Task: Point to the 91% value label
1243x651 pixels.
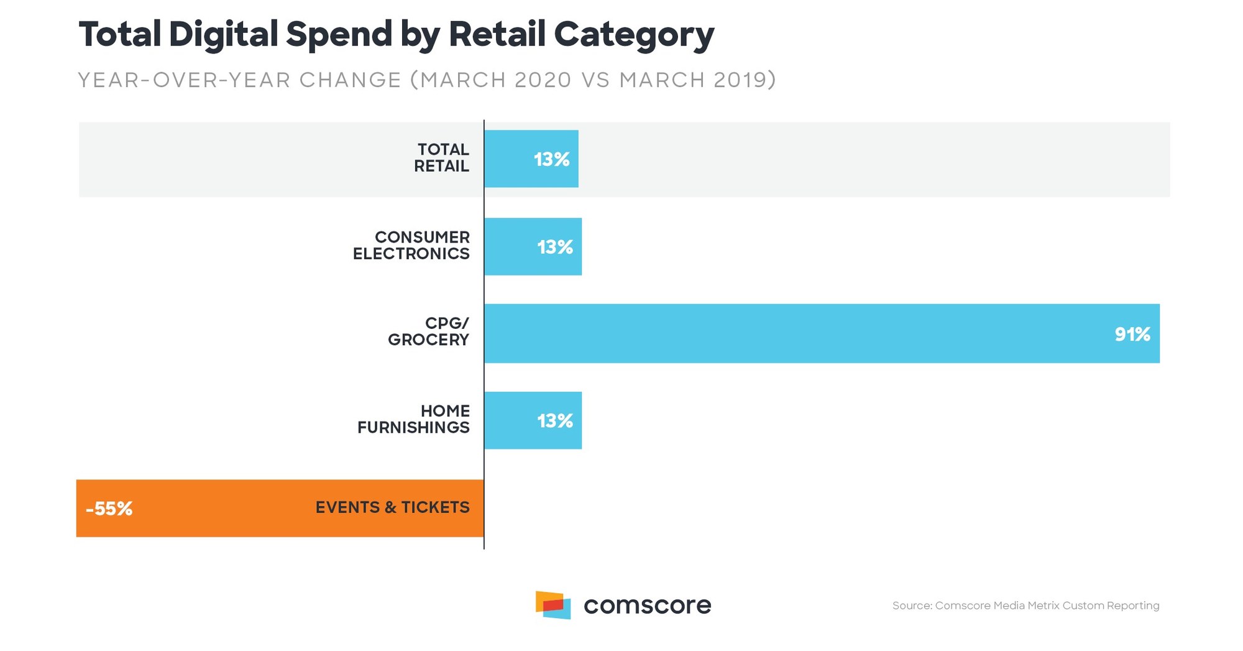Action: pyautogui.click(x=1132, y=335)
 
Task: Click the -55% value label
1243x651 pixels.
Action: pyautogui.click(x=109, y=509)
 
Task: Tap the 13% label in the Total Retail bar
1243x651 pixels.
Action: pyautogui.click(x=551, y=159)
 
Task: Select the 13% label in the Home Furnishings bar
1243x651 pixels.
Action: pyautogui.click(x=554, y=421)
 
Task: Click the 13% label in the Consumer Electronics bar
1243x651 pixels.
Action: pyautogui.click(x=554, y=247)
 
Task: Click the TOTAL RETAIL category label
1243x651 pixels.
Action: pyautogui.click(x=442, y=158)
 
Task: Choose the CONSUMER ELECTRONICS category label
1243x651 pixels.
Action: pyautogui.click(x=411, y=246)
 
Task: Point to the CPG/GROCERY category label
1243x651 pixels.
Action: pyautogui.click(x=429, y=331)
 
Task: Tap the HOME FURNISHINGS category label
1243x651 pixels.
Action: pyautogui.click(x=414, y=419)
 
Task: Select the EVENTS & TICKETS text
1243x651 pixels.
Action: pyautogui.click(x=392, y=507)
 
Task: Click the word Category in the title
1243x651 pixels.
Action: pyautogui.click(x=633, y=35)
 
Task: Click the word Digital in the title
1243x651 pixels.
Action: pyautogui.click(x=222, y=34)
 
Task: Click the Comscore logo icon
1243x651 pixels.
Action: pyautogui.click(x=553, y=605)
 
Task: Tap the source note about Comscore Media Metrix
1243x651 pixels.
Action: pyautogui.click(x=1025, y=606)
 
